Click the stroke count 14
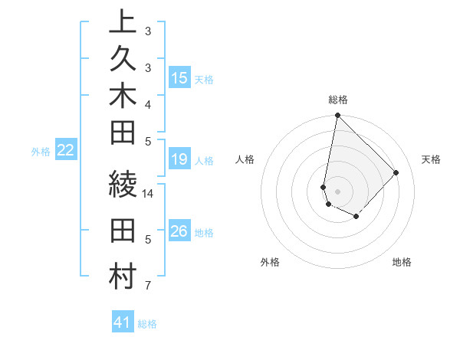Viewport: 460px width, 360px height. pos(149,194)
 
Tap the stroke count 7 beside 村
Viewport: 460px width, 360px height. pos(147,286)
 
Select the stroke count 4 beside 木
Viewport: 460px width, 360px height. pos(147,104)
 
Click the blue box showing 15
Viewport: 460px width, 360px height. pos(179,77)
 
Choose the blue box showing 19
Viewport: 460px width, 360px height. pos(179,159)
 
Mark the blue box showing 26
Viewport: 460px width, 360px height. pos(179,231)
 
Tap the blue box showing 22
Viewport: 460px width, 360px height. pos(66,150)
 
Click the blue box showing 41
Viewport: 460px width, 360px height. pos(123,322)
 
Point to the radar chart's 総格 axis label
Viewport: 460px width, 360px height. pos(338,100)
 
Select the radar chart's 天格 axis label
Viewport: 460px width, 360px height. pos(431,159)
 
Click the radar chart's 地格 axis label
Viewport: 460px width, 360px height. pos(402,262)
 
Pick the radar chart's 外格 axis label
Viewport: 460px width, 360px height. pos(270,262)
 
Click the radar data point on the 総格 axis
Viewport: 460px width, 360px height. pos(337,116)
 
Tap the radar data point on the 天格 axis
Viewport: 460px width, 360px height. pos(396,172)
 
